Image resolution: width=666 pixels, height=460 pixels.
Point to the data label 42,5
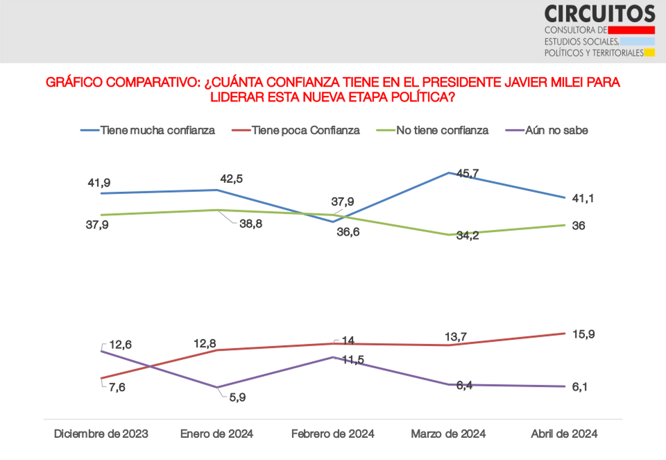point(232,179)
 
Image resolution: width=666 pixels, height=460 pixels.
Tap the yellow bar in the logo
point(650,53)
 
